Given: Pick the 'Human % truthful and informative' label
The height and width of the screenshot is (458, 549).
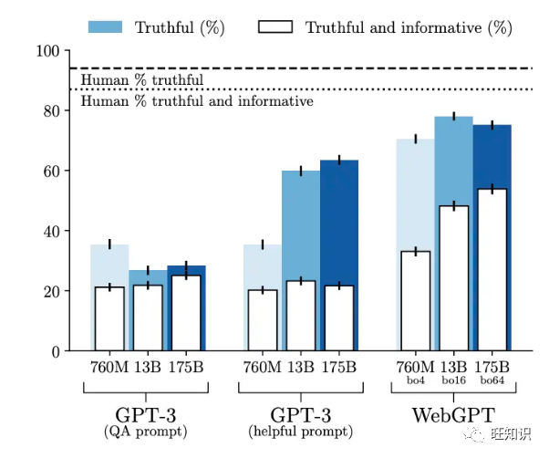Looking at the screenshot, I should click(x=197, y=101).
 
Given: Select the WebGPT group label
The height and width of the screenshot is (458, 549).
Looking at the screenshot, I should click(x=455, y=415).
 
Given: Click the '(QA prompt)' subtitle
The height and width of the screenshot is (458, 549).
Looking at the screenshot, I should click(x=145, y=431).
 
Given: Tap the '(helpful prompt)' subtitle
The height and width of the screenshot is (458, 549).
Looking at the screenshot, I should click(x=300, y=431).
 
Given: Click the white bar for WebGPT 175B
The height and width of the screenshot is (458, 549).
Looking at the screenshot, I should click(x=492, y=270).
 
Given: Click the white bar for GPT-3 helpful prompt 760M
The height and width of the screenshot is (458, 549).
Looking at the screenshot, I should click(x=263, y=320).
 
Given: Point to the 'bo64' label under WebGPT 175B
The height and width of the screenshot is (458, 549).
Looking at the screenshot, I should click(x=492, y=379).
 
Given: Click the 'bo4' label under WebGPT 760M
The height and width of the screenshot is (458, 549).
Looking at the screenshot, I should click(x=415, y=379).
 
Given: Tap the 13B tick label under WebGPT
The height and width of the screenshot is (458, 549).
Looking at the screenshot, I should click(x=454, y=366).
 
